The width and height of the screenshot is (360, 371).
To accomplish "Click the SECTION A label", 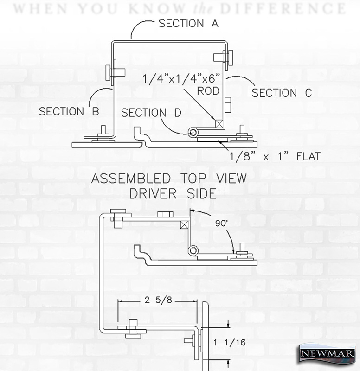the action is (188, 24).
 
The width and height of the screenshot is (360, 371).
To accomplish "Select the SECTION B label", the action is (69, 111).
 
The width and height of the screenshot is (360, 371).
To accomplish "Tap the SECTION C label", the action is (282, 93).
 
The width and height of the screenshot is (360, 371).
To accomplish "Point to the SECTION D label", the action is (151, 113).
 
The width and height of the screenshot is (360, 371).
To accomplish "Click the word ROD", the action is (208, 91).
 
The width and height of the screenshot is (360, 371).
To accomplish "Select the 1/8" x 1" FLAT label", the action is (275, 156).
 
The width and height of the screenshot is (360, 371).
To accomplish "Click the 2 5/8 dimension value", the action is (158, 300).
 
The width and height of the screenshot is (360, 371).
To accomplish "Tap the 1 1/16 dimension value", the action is (229, 342).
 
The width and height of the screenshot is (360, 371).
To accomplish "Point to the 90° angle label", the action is (222, 223).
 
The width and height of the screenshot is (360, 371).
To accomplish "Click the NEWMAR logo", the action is (328, 353).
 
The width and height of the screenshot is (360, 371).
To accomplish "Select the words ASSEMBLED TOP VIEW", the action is (169, 179).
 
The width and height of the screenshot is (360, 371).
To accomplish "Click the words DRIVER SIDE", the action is (173, 193).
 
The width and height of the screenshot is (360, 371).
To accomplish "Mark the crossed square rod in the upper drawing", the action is (219, 124).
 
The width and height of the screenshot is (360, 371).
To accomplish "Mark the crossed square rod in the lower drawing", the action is (185, 224).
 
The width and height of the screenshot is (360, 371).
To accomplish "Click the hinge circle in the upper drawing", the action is (193, 133).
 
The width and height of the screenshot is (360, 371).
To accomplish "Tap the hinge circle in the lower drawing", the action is (193, 250).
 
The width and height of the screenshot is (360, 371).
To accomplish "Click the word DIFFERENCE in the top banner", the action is (283, 8).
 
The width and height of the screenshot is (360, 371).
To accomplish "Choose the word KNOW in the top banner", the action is (157, 8).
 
